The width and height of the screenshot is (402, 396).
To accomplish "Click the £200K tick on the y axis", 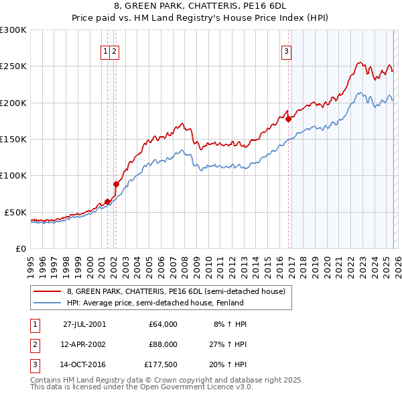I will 13,103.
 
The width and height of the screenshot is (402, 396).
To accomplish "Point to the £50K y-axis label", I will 15,212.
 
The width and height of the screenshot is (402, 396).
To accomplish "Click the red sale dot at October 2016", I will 289,119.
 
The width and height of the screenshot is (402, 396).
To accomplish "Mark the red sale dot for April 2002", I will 116,184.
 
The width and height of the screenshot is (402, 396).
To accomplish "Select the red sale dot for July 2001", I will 107,201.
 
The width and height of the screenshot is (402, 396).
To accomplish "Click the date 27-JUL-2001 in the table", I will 84,324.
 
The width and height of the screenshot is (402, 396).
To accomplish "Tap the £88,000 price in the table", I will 163,344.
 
